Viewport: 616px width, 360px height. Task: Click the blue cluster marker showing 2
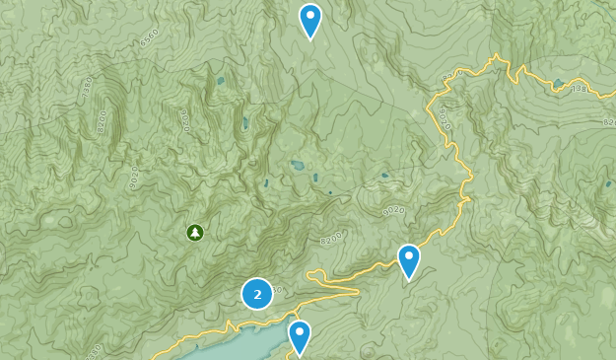tap(257, 294)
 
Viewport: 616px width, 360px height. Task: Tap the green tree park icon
tap(195, 233)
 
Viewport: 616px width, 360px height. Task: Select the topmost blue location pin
tap(310, 20)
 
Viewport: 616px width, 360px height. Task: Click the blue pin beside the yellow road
tap(409, 260)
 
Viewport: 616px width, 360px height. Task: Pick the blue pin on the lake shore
tap(299, 336)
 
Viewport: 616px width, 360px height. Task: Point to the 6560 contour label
tap(150, 38)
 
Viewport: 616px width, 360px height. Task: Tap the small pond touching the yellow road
tap(559, 84)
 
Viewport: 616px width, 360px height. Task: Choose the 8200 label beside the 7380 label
tap(103, 120)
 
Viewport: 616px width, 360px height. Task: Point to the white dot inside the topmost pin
tap(310, 16)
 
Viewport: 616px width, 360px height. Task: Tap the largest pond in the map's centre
tap(298, 167)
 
